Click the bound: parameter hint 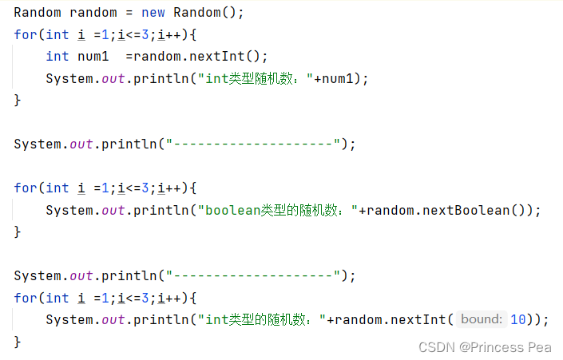[482, 319]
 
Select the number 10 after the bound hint [518, 319]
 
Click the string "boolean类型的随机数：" [277, 210]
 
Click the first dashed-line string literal [253, 144]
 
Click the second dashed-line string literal [253, 276]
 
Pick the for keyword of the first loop [25, 34]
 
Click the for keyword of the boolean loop [25, 188]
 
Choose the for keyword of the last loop [25, 298]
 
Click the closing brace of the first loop [18, 100]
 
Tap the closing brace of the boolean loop [18, 231]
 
